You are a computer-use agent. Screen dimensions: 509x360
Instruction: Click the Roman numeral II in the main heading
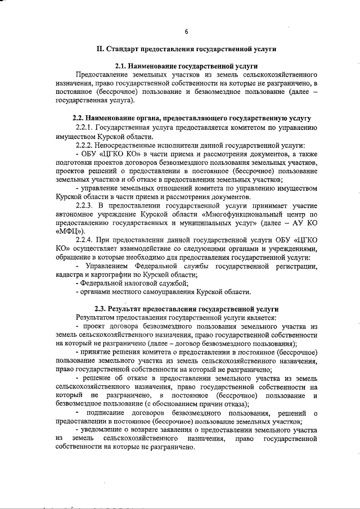click(x=101, y=49)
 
